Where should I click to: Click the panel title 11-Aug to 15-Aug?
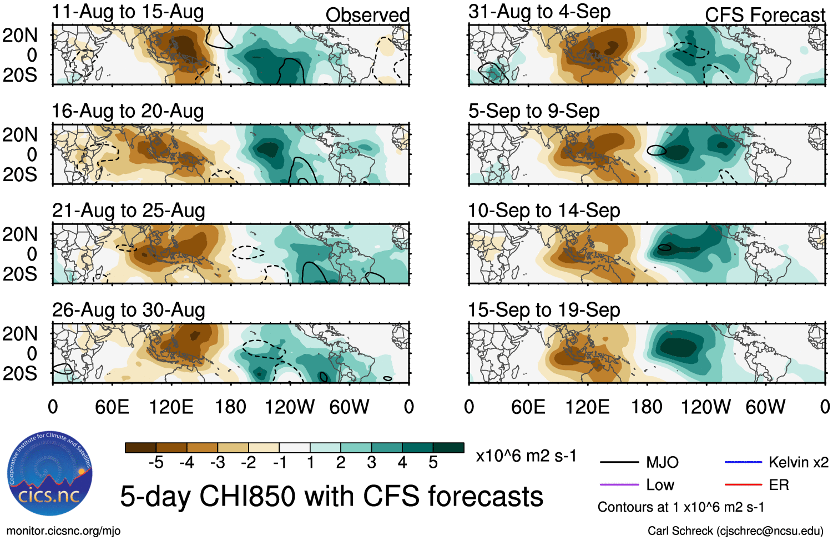pos(128,12)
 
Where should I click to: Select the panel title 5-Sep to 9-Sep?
pos(534,111)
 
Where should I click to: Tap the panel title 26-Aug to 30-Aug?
pos(128,310)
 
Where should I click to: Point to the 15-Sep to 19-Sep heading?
pos(544,310)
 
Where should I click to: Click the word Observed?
pos(367,15)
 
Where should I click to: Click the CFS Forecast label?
pos(765,15)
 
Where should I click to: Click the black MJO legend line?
pos(619,462)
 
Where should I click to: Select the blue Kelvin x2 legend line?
pos(743,462)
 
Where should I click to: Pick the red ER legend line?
pos(743,485)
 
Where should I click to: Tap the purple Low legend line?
pos(619,485)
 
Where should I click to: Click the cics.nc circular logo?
pos(50,475)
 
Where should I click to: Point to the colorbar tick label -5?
pos(156,463)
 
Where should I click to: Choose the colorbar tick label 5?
pos(433,463)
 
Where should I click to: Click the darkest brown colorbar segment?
pos(140,448)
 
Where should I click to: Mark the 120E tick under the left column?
pos(171,407)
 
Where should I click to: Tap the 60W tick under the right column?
pos(765,407)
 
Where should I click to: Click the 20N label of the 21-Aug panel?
pos(20,234)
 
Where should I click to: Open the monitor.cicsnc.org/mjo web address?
pos(63,531)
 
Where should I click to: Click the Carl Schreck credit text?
pos(735,531)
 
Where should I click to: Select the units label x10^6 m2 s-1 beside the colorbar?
pos(526,456)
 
